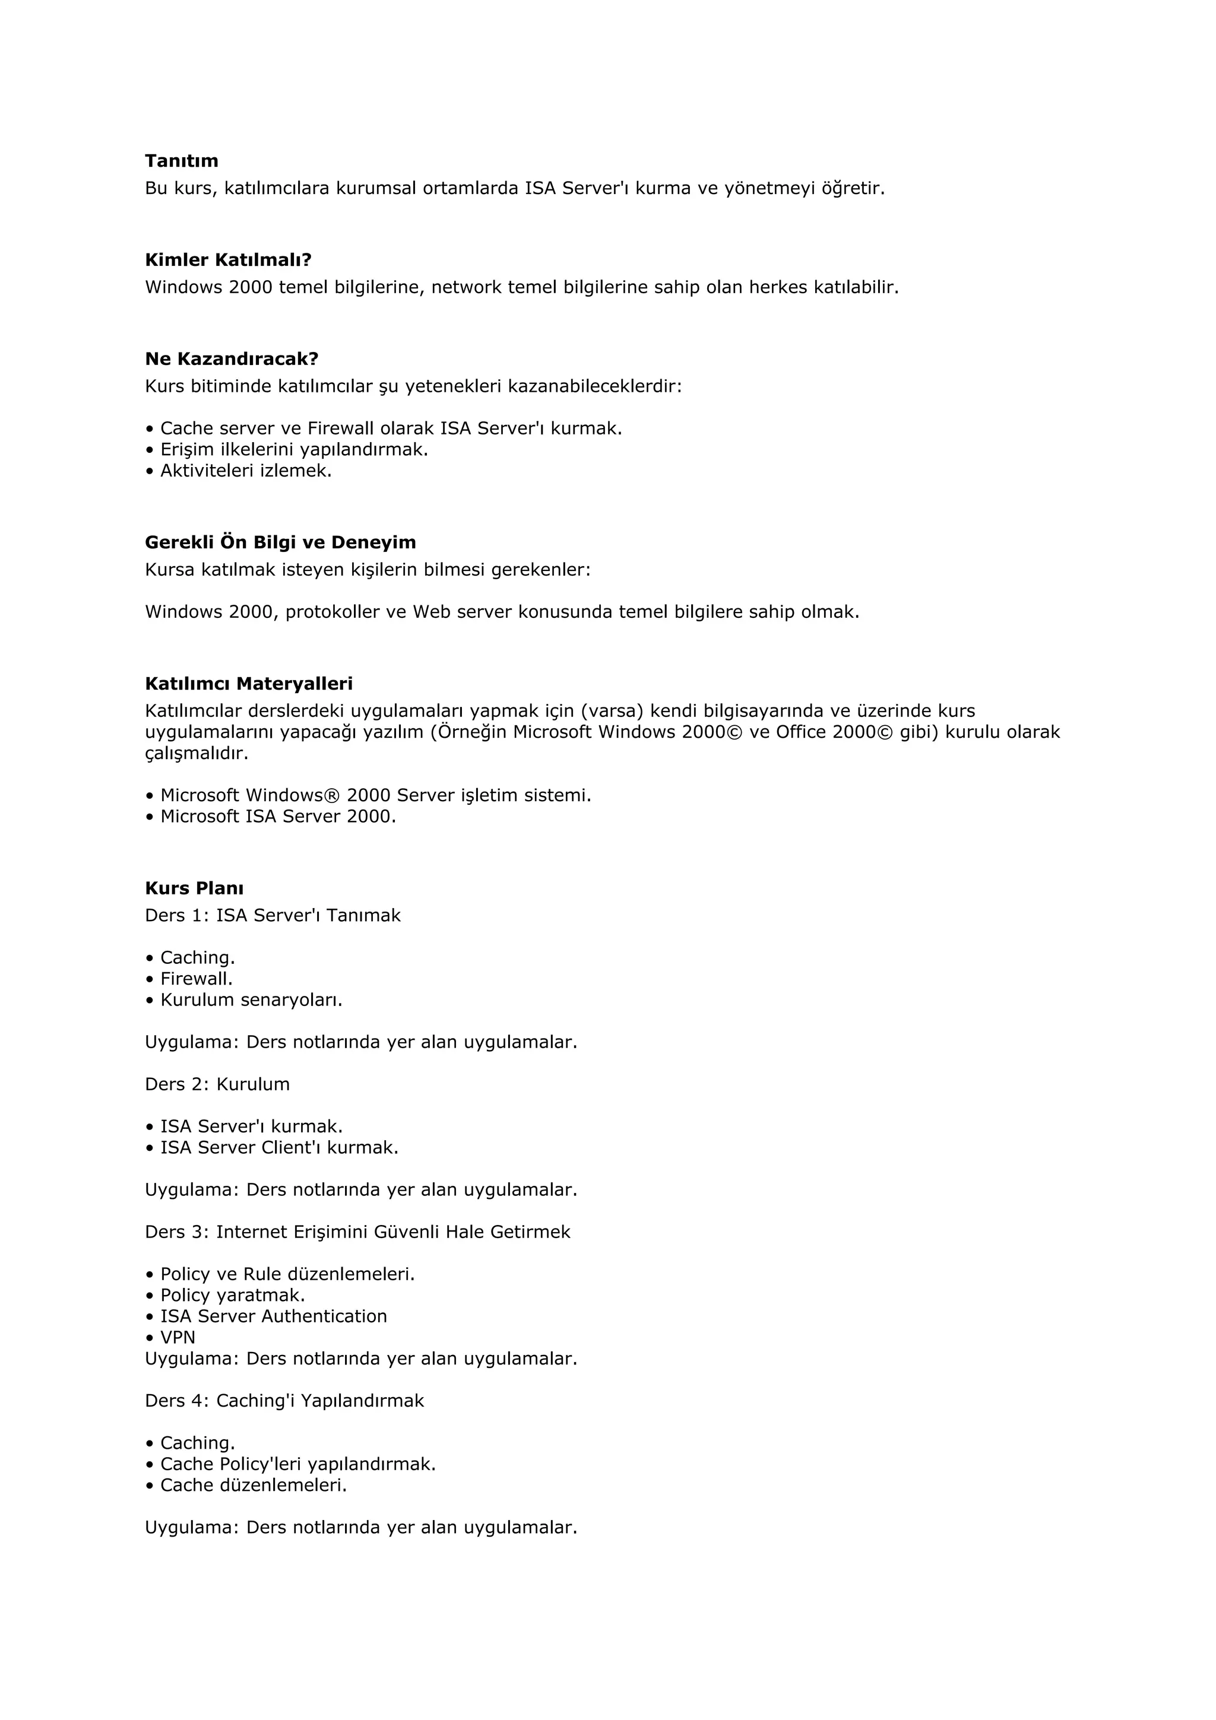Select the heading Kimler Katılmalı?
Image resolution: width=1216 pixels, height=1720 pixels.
228,260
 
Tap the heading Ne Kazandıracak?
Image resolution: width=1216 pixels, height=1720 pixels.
232,359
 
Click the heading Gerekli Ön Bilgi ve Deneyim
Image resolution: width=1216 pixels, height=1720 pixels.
280,542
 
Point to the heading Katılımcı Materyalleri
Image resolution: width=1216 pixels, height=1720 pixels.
249,684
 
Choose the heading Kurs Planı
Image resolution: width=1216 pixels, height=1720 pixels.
194,888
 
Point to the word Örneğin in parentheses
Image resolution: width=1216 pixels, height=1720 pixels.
471,732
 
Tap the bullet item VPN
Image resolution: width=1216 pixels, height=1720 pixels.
178,1337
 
